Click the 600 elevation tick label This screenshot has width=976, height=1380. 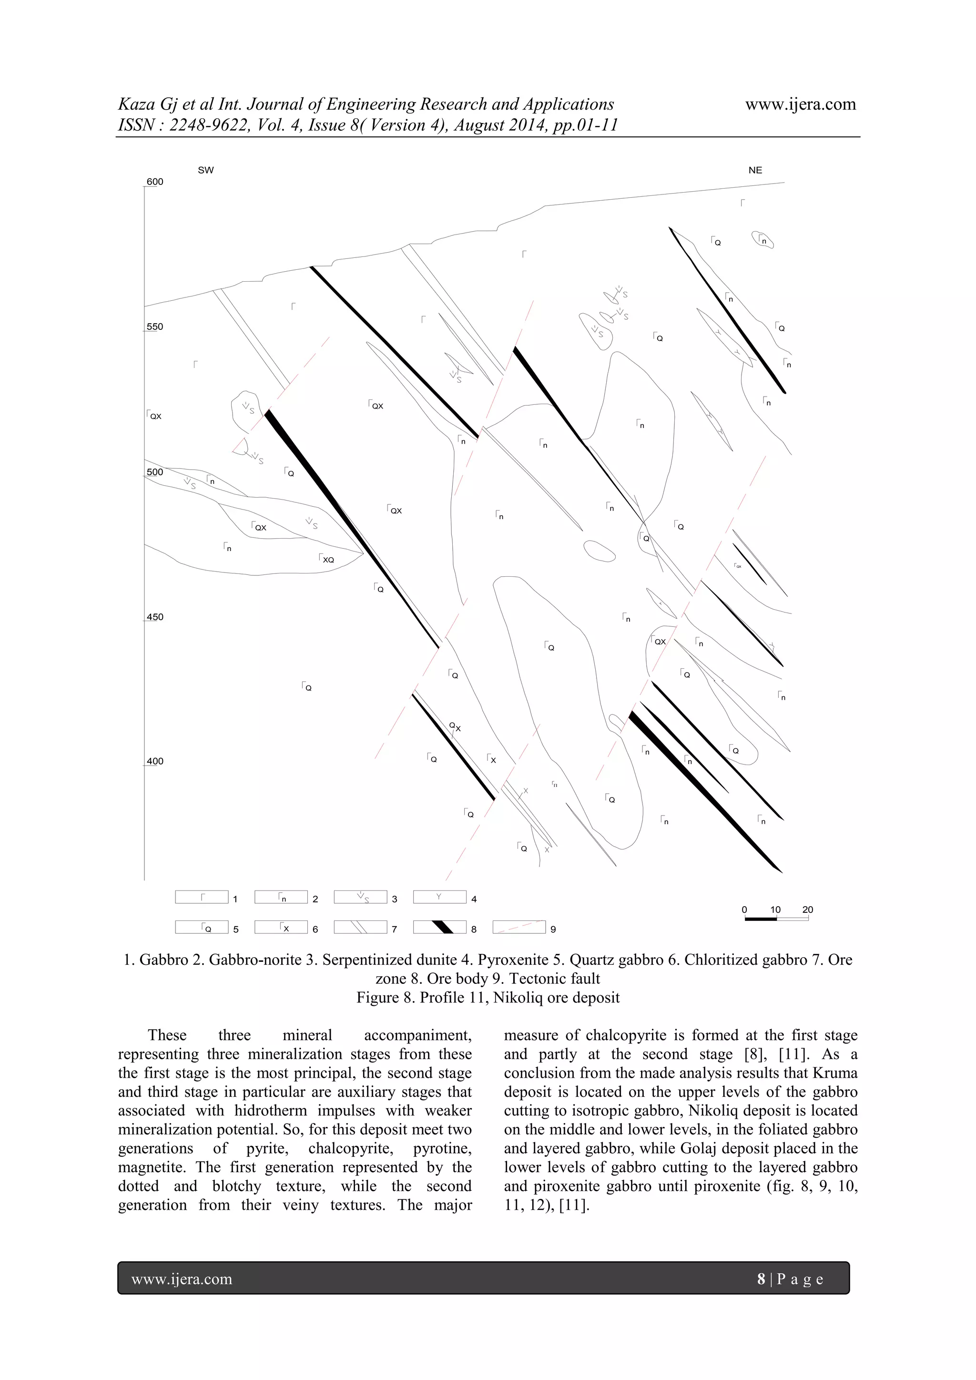pos(155,182)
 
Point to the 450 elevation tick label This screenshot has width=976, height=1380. pos(155,617)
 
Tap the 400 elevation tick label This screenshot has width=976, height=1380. pos(155,761)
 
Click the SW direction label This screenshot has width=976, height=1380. pos(205,170)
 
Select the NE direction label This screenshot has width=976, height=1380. pos(755,170)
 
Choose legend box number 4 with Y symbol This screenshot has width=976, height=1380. pos(439,897)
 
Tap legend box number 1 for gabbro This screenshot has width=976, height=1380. pos(201,897)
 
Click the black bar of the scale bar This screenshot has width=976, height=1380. pos(760,919)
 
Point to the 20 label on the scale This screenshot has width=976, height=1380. pos(807,910)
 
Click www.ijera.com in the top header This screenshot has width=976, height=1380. pos(801,104)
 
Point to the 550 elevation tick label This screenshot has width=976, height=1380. pos(155,327)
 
